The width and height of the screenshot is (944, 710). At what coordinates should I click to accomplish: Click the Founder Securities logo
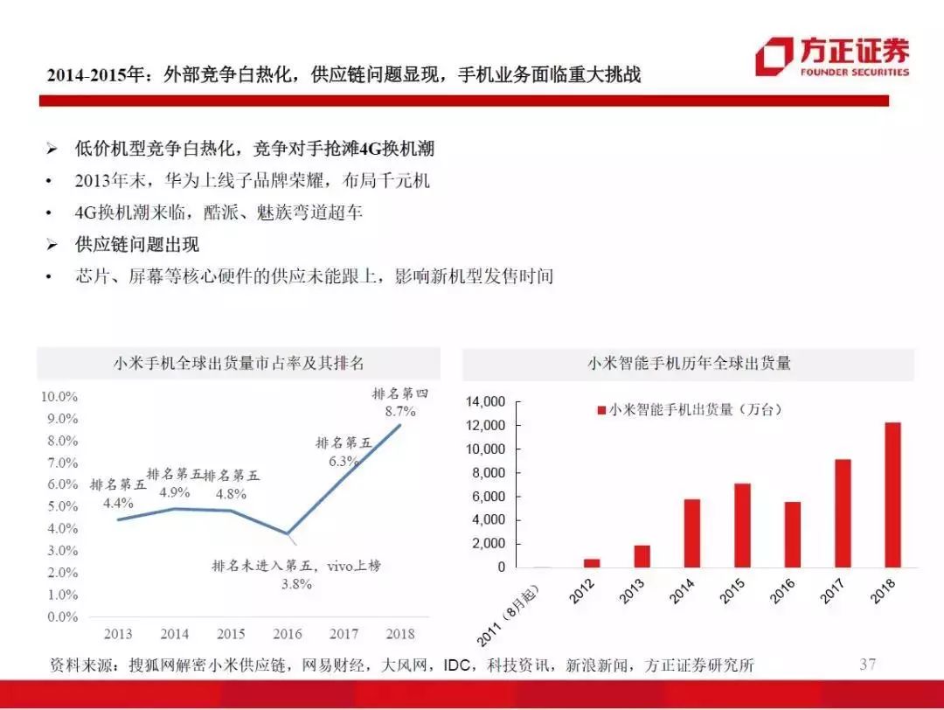832,57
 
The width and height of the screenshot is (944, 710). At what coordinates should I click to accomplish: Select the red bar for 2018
892,495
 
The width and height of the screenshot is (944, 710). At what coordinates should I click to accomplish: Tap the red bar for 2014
692,533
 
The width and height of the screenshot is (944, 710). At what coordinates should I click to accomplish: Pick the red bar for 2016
793,535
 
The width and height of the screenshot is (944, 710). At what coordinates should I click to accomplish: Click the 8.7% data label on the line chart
400,411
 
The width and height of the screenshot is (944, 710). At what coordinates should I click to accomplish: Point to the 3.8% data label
297,583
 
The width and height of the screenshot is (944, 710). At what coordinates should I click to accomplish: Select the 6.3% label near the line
344,462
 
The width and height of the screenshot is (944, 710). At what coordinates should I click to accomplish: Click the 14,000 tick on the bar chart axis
485,401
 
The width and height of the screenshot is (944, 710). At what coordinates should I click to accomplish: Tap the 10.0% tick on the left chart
59,396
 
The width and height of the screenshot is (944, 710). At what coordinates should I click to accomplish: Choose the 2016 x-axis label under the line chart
288,634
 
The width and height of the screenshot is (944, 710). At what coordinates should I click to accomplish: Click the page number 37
868,664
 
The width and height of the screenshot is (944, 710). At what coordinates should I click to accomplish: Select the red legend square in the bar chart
600,410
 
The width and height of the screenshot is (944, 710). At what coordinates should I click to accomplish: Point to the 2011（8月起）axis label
508,616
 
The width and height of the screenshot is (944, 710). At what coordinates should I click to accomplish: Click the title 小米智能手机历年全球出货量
689,363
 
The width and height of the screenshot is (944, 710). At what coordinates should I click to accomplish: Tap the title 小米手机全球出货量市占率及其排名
239,363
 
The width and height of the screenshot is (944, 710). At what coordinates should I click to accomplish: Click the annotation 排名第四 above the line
400,393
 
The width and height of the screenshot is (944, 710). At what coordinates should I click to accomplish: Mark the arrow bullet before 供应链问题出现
52,245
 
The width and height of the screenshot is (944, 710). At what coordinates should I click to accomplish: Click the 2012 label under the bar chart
582,591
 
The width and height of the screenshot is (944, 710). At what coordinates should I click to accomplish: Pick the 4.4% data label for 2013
118,503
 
